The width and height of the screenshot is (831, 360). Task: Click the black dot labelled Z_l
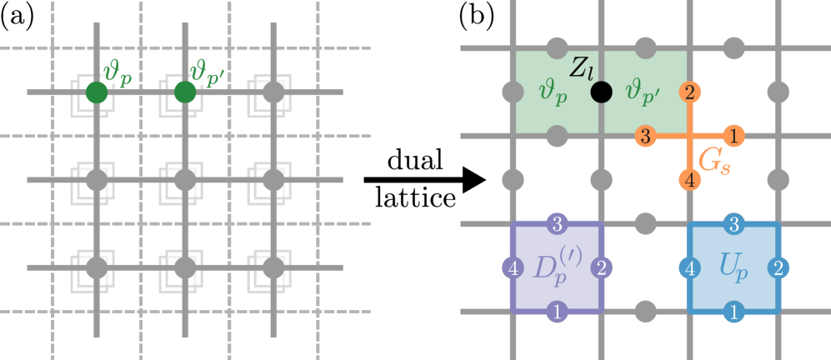click(x=600, y=92)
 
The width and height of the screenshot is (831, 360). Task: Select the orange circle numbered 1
click(x=733, y=135)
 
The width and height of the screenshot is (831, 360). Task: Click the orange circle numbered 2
click(x=689, y=92)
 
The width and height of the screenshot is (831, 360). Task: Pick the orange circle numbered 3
click(x=644, y=135)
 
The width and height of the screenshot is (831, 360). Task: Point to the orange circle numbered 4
click(x=689, y=178)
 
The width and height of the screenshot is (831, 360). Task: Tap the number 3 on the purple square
click(x=557, y=224)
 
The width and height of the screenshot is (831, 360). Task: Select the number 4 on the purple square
click(x=513, y=268)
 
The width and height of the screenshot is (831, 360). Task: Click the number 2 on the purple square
click(x=601, y=268)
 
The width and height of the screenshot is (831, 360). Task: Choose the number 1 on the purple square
click(x=557, y=312)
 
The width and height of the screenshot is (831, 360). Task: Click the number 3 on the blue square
click(x=733, y=224)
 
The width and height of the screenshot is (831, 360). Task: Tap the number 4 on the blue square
click(x=689, y=268)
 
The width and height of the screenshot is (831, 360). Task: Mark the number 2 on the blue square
click(x=778, y=268)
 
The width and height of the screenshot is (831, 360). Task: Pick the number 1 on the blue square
click(x=733, y=312)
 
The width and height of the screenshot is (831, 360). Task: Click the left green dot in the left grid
click(x=97, y=92)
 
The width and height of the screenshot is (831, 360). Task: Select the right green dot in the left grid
click(x=185, y=92)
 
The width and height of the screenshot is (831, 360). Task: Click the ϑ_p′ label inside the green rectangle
click(x=639, y=92)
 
